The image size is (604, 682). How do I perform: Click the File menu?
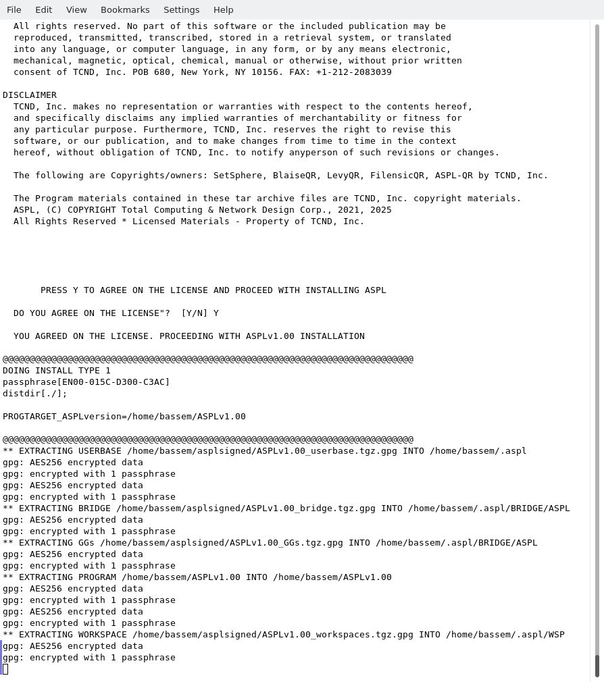[x=14, y=9]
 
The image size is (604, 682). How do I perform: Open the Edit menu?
[x=43, y=9]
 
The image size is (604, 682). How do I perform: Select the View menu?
[x=76, y=9]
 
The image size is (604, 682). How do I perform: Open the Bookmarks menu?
[x=125, y=9]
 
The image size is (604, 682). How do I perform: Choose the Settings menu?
[x=181, y=9]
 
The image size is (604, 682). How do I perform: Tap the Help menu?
[x=223, y=9]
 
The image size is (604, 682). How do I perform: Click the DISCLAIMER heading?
[x=30, y=95]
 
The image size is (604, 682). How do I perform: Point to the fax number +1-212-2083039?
[x=354, y=72]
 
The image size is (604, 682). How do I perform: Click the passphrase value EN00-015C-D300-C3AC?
[x=114, y=382]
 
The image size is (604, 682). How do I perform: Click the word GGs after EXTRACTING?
[x=86, y=543]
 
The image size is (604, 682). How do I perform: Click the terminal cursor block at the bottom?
[x=5, y=669]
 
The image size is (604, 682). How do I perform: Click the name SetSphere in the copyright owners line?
[x=238, y=176]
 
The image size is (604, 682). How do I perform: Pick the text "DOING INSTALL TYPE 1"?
[x=57, y=371]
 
